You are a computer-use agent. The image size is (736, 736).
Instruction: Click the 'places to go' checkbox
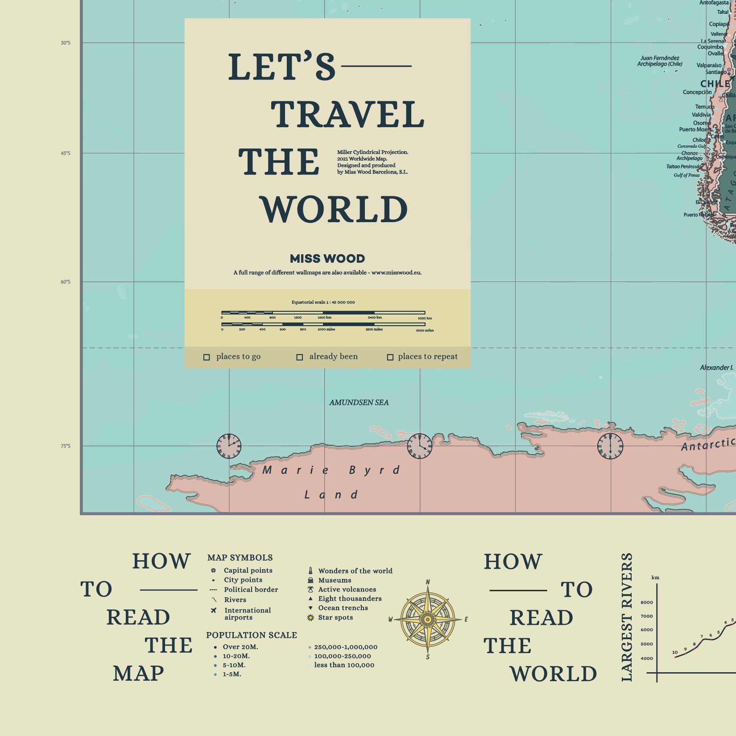(x=207, y=357)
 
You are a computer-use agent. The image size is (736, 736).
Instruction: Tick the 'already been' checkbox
(x=300, y=357)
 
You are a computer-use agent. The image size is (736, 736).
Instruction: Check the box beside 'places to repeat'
(x=390, y=357)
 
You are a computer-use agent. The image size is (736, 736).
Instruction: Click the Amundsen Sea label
(x=359, y=402)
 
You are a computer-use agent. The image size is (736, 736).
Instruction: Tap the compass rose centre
(x=428, y=619)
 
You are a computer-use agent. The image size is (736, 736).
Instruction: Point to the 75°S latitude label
(x=66, y=446)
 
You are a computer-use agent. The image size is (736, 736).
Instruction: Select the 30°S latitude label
(x=66, y=43)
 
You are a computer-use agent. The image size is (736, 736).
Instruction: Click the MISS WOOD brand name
(x=327, y=259)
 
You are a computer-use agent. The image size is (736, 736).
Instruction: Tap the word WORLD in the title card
(x=334, y=209)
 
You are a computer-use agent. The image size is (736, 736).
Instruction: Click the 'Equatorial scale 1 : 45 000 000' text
(x=323, y=302)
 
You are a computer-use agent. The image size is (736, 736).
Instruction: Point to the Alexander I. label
(x=716, y=368)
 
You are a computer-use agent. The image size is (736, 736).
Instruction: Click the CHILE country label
(x=715, y=84)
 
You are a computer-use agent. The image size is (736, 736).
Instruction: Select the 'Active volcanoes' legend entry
(x=347, y=589)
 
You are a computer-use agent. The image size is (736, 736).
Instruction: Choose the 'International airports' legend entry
(x=247, y=614)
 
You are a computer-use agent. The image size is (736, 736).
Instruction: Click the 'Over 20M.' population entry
(x=240, y=647)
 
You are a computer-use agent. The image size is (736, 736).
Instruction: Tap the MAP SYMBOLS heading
(x=240, y=558)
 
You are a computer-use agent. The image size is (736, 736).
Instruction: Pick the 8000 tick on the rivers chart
(x=646, y=602)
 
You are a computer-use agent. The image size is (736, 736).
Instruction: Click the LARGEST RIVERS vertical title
(x=627, y=617)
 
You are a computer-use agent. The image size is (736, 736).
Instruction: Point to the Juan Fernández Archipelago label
(x=660, y=61)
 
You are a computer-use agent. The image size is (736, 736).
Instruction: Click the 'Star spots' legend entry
(x=335, y=617)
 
